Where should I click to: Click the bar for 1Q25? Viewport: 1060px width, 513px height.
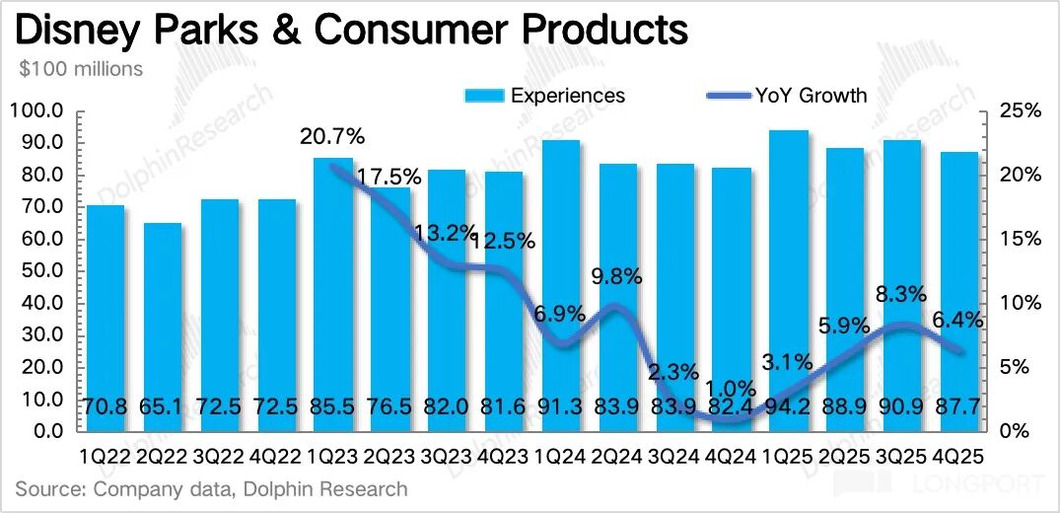coord(788,281)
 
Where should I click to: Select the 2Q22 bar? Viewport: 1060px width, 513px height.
coord(162,326)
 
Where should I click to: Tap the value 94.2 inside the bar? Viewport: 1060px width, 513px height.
coord(788,406)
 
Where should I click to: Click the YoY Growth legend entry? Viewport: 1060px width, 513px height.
coord(788,96)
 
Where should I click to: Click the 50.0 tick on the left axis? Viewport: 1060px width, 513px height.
coord(39,271)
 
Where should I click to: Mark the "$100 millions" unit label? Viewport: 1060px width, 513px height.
coord(82,69)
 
